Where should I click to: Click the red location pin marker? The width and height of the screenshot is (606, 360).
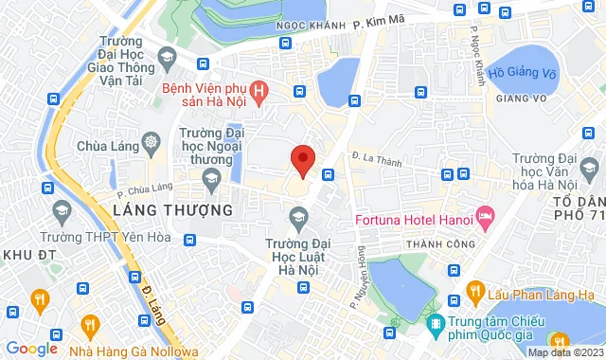(x=302, y=160)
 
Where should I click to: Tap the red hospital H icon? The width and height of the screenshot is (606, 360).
(x=262, y=92)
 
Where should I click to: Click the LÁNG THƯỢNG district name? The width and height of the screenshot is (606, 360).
(x=172, y=209)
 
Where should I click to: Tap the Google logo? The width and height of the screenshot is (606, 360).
(x=32, y=348)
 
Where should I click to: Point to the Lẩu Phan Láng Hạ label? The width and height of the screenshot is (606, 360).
(x=543, y=290)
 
